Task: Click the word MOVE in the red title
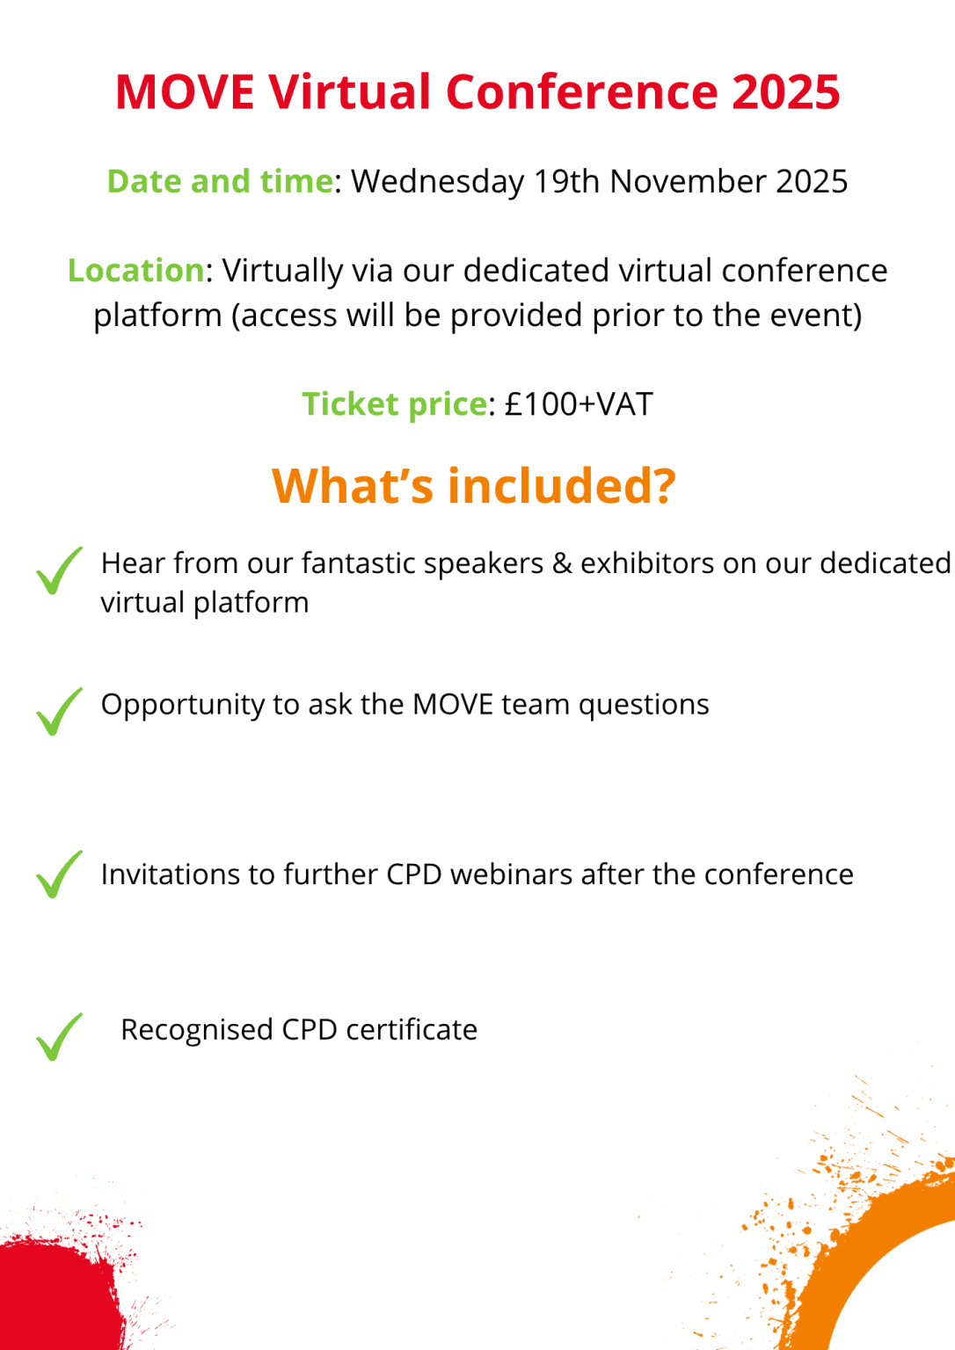pos(185,91)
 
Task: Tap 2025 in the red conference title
pos(785,91)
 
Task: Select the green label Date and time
pos(220,181)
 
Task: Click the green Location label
pos(136,271)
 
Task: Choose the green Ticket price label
pos(394,404)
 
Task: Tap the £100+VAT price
pos(579,404)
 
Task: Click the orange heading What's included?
pos(474,486)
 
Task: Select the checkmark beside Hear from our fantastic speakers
pos(58,571)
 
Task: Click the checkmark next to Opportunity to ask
pos(58,712)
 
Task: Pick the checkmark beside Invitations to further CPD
pos(58,875)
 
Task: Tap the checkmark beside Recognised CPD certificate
pos(58,1037)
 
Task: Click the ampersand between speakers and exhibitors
pos(562,563)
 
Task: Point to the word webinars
pos(510,875)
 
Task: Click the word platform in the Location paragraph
pos(157,316)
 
